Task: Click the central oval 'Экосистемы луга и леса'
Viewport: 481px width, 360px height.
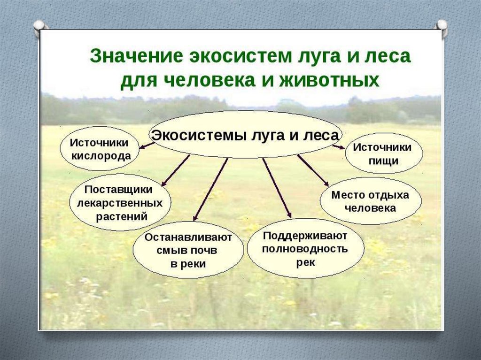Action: click(x=245, y=135)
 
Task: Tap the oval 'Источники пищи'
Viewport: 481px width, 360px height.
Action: click(x=383, y=153)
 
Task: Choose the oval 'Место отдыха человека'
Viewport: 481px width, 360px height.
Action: click(x=370, y=201)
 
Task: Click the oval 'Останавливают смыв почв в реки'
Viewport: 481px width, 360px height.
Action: click(x=188, y=250)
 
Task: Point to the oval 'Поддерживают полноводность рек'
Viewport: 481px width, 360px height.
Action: click(x=305, y=248)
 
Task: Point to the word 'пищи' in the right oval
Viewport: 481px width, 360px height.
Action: click(x=383, y=161)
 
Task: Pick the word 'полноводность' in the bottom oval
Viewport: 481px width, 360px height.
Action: click(x=305, y=248)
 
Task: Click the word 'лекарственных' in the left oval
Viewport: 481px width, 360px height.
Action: click(x=119, y=204)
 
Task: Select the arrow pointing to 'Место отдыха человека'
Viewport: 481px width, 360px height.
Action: click(x=313, y=170)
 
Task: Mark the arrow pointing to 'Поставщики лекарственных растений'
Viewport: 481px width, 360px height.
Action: click(x=175, y=170)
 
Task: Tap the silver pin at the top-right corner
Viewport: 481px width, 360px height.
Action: click(x=442, y=26)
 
